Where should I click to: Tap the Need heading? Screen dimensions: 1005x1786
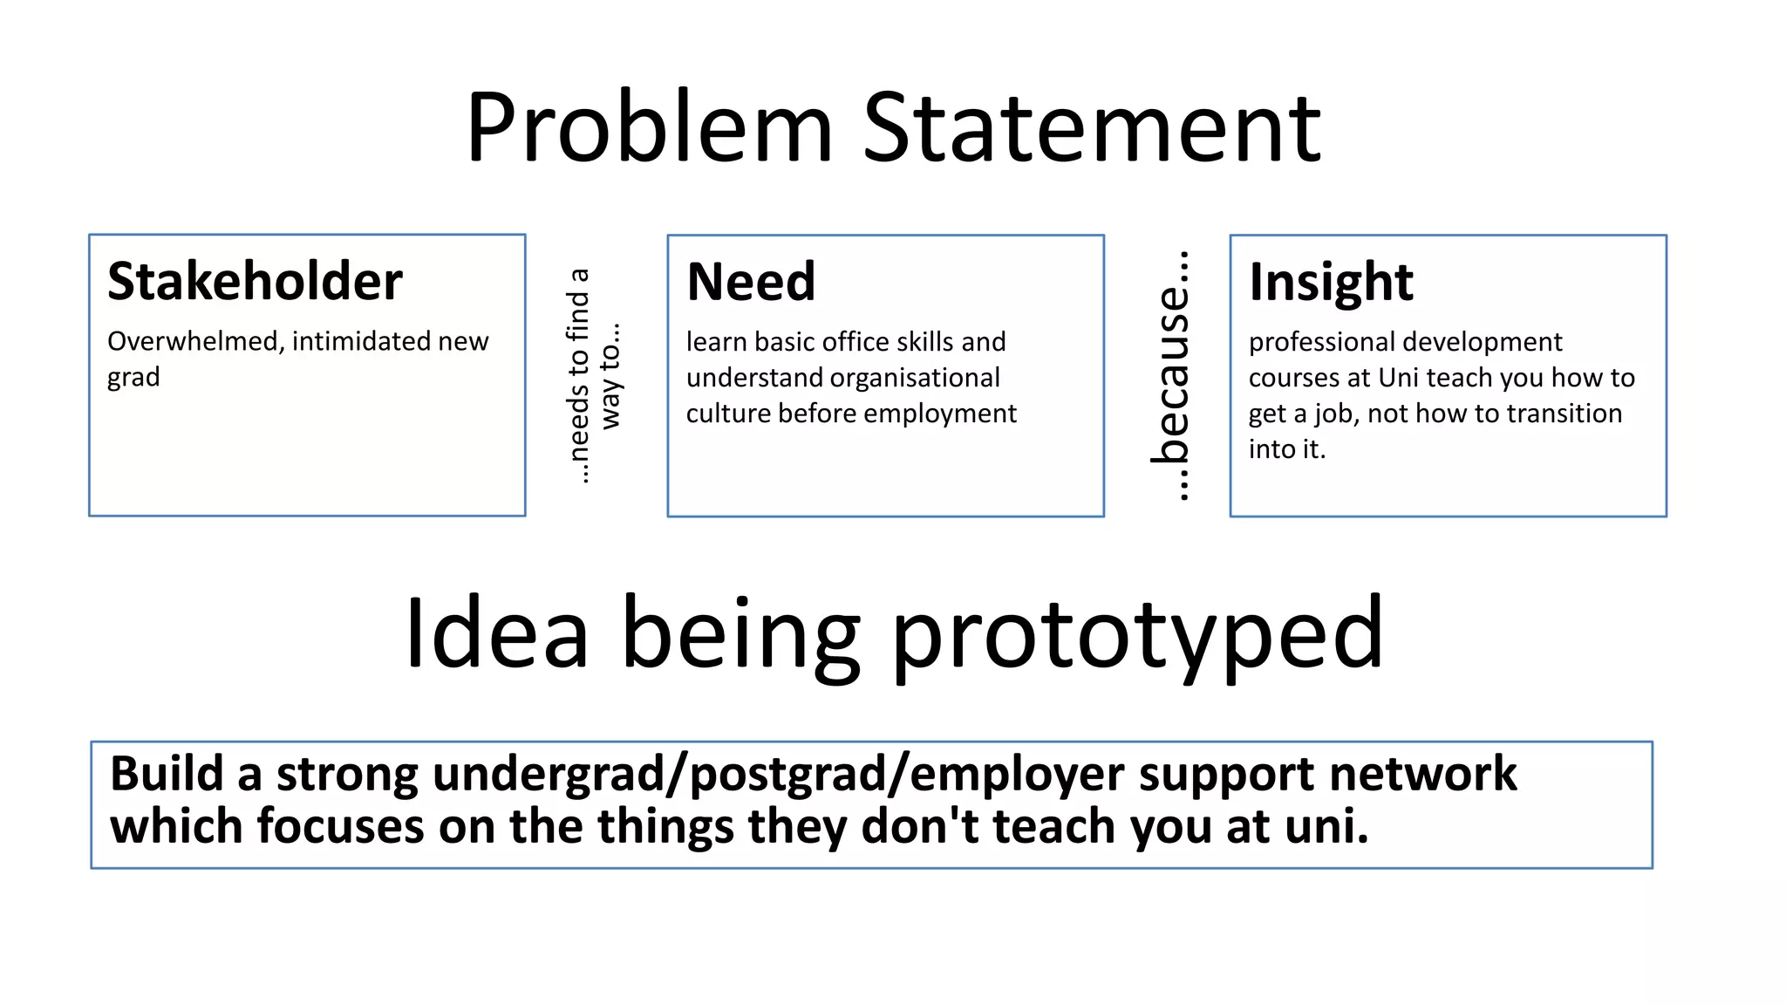(x=751, y=282)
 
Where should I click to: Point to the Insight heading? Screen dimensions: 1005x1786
(x=1331, y=282)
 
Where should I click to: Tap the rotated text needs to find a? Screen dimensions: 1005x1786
(x=578, y=375)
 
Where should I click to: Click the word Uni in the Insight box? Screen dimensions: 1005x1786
(x=1399, y=378)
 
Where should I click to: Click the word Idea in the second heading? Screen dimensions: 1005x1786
(x=496, y=632)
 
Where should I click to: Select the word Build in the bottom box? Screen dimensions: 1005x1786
(x=167, y=774)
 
